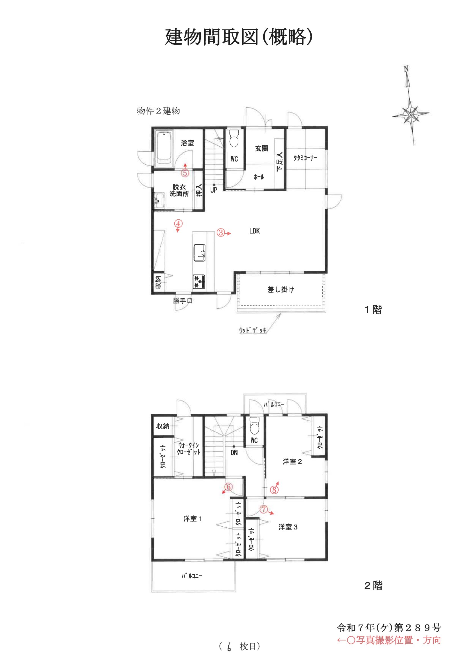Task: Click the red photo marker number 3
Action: coord(221,233)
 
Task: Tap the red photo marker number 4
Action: coord(178,224)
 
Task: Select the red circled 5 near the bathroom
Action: coord(185,173)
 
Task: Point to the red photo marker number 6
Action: coord(229,487)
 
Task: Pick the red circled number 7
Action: coord(263,510)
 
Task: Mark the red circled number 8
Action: coord(274,490)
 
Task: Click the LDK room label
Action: coord(254,231)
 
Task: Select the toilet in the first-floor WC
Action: coord(234,139)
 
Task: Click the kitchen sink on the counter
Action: coord(200,253)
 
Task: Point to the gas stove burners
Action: coord(199,281)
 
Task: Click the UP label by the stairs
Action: coord(214,190)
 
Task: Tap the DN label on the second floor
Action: coord(234,452)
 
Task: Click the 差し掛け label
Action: coord(281,289)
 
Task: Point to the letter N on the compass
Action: coord(406,69)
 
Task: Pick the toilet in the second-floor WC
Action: coord(254,426)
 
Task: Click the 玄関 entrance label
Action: coord(261,148)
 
